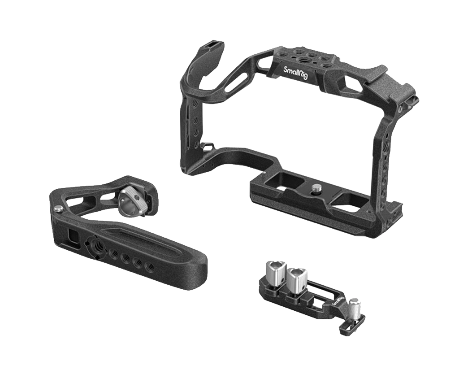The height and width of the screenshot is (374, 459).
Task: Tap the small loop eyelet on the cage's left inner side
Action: pos(207,146)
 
